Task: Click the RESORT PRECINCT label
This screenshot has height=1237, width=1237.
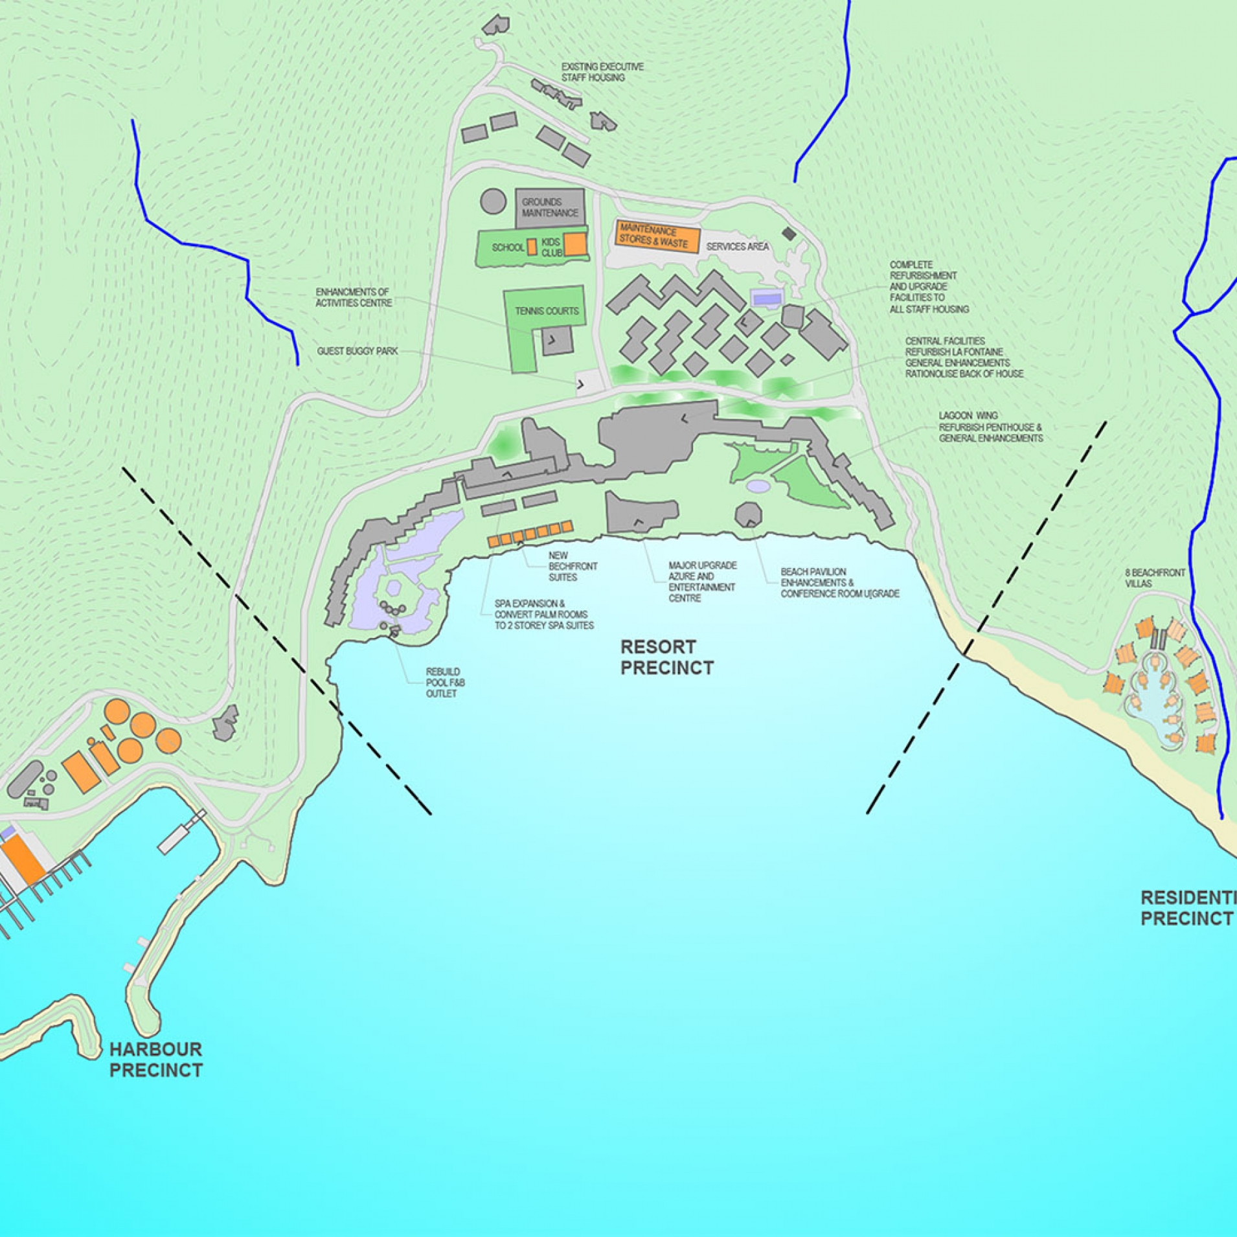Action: [666, 657]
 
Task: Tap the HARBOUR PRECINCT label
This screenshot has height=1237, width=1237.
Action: [155, 1060]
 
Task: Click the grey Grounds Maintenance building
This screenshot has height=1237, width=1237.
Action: [550, 207]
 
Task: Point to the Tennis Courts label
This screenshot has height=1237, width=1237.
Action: [547, 311]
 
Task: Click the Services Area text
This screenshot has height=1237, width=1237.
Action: [737, 247]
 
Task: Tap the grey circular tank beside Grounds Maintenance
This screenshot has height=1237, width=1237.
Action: [493, 201]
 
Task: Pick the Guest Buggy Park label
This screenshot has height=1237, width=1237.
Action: [357, 351]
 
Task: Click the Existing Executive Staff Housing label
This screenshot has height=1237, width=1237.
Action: [602, 72]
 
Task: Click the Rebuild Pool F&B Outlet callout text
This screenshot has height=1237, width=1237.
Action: [445, 683]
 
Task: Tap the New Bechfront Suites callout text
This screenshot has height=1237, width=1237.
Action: [573, 566]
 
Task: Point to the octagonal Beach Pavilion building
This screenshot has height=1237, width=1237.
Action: [748, 515]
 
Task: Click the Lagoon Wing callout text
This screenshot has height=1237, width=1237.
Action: [990, 427]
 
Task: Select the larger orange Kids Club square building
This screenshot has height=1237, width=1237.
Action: [574, 244]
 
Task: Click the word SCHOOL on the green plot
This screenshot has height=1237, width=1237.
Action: [508, 247]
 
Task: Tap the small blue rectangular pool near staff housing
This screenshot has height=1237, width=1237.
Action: [767, 299]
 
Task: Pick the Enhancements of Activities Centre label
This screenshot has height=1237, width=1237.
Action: [354, 297]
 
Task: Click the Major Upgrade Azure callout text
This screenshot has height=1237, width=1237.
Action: [701, 582]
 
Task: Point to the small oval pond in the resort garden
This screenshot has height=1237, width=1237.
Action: [758, 485]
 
